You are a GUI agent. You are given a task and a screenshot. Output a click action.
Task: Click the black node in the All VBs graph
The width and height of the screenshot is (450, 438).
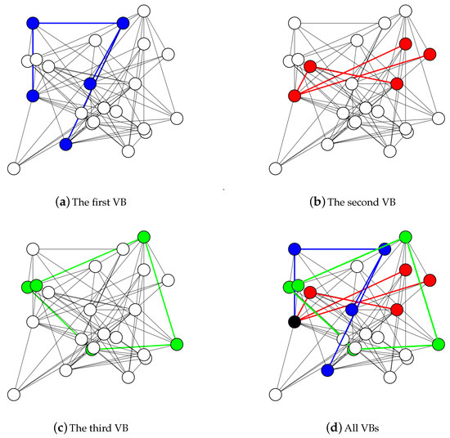pos(295,321)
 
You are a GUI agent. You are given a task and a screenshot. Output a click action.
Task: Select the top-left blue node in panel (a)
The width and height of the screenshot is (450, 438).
pos(33,23)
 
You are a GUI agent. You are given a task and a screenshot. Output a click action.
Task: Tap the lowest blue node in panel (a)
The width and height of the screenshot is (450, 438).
pos(65,145)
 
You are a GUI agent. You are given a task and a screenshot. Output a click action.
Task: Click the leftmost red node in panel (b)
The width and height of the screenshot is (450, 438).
pos(295,96)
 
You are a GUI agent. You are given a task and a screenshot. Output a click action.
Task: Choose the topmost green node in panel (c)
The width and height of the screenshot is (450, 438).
pos(143,237)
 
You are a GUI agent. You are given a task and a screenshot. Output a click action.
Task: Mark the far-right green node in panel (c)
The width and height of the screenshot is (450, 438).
pos(177,343)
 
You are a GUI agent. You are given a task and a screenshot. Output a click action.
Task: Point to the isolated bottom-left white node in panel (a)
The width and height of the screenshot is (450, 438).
pos(13,168)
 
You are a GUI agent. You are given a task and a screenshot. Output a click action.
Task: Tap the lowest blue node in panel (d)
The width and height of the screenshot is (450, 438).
pos(327,370)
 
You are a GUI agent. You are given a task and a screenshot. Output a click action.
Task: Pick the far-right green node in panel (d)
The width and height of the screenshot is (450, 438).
pos(439,343)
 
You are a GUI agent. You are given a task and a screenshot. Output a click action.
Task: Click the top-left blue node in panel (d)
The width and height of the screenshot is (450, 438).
pos(295,248)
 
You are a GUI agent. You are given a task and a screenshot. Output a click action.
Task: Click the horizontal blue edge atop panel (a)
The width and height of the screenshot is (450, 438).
pos(78,23)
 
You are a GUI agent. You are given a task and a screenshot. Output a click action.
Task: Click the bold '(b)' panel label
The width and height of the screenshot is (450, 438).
pos(311,197)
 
